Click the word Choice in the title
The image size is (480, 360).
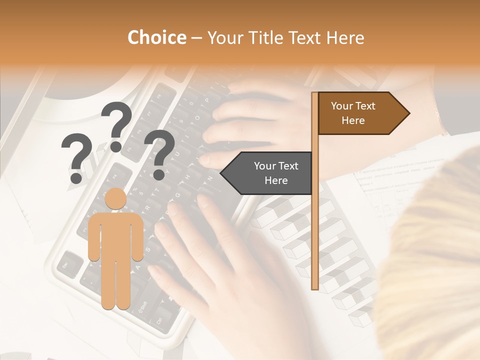[156, 38]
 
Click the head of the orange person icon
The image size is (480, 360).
[116, 199]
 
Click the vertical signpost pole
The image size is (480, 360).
[315, 200]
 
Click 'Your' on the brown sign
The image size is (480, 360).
[342, 106]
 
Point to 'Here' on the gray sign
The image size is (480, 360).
[276, 180]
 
